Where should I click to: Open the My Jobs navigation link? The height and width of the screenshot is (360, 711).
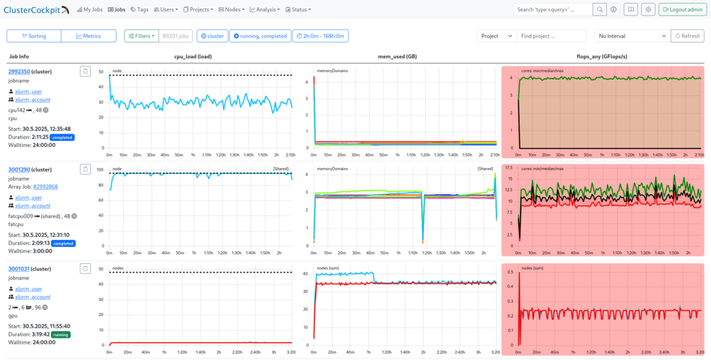click(89, 10)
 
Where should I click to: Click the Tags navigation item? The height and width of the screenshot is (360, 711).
click(140, 10)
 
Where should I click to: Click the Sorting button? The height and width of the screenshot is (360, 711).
click(33, 36)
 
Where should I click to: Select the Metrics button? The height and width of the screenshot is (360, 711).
click(88, 36)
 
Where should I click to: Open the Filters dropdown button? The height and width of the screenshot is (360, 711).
click(141, 36)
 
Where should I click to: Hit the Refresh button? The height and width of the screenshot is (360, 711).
click(687, 36)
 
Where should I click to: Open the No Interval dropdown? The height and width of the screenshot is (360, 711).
click(632, 36)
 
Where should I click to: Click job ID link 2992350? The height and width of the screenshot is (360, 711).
click(19, 71)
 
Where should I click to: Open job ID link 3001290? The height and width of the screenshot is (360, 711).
click(19, 169)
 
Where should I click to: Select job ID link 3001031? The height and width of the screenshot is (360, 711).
click(19, 268)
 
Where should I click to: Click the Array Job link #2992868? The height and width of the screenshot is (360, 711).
click(46, 186)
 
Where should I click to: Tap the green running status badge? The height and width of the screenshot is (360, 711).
click(61, 333)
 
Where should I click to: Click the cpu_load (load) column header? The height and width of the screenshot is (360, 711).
click(193, 56)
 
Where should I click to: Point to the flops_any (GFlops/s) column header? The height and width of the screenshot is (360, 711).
click(602, 56)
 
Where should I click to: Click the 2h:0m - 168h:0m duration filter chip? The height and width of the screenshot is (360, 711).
click(320, 36)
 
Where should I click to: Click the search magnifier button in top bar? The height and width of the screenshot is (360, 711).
click(600, 10)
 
